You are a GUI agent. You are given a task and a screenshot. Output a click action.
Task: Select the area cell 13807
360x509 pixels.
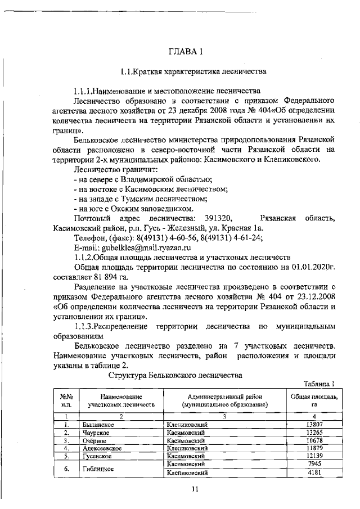[314, 425]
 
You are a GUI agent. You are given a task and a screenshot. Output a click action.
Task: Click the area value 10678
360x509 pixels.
[314, 441]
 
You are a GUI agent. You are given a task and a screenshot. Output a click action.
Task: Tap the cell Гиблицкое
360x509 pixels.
[97, 469]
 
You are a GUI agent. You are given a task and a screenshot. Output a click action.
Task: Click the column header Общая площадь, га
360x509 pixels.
[314, 400]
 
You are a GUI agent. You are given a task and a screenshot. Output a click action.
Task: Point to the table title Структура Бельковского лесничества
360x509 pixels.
[175, 375]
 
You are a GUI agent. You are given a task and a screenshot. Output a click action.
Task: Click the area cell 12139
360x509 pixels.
[314, 457]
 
